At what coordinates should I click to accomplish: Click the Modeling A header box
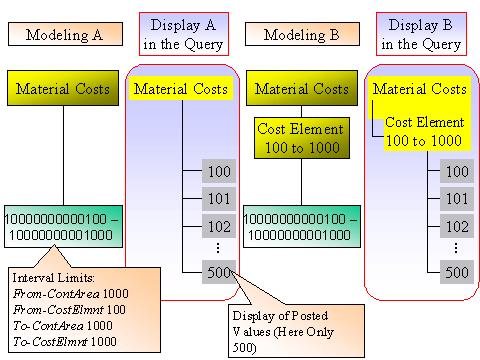pyautogui.click(x=64, y=35)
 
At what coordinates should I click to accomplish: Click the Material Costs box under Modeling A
pyautogui.click(x=64, y=88)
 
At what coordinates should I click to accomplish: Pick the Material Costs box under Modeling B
pyautogui.click(x=302, y=88)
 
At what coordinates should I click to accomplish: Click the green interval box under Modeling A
pyautogui.click(x=64, y=226)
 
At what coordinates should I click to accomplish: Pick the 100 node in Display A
pyautogui.click(x=218, y=171)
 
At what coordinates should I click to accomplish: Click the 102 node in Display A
pyautogui.click(x=218, y=225)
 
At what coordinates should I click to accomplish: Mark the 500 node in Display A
pyautogui.click(x=218, y=272)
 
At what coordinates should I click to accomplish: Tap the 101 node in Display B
pyautogui.click(x=456, y=198)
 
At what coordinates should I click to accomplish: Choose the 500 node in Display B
pyautogui.click(x=456, y=272)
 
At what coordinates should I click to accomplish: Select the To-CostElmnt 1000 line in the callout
pyautogui.click(x=63, y=340)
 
